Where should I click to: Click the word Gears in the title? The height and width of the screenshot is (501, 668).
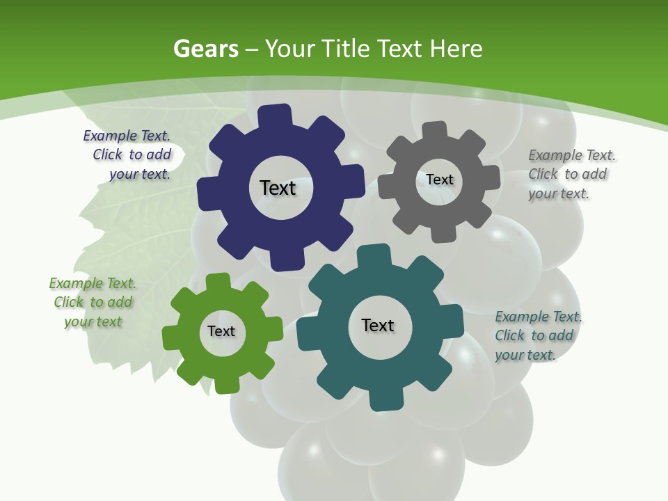coord(206,49)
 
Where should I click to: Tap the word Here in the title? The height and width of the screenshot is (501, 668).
coord(456,49)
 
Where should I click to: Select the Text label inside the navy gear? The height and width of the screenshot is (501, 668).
coord(278,188)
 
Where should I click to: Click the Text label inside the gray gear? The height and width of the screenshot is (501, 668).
coord(439,180)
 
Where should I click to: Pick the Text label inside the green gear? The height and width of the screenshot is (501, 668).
coord(221,331)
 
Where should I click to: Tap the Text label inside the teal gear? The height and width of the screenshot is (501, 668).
coord(378,325)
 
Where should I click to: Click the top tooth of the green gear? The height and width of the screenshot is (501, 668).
coord(218,281)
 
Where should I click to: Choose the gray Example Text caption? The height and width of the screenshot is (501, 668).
coord(571,174)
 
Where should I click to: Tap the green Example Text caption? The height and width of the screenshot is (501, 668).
coord(93,302)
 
